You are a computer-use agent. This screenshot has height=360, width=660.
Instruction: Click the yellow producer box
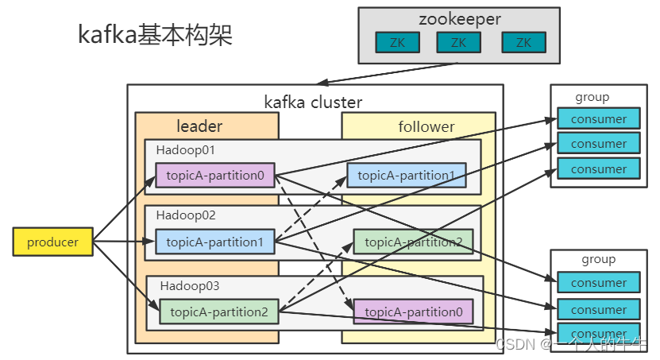(x=52, y=242)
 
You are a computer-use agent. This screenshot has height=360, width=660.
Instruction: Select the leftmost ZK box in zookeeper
(x=398, y=43)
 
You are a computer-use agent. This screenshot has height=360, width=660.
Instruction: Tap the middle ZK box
(x=458, y=43)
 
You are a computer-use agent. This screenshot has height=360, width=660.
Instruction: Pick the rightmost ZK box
(x=523, y=43)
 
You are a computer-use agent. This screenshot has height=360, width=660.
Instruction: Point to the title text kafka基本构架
(x=155, y=35)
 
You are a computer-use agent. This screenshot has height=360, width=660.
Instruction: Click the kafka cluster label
(x=313, y=102)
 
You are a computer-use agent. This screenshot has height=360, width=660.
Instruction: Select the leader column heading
(x=199, y=126)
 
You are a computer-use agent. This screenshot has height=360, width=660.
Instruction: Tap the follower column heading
(x=426, y=126)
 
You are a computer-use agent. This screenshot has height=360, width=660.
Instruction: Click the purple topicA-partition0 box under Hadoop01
(x=215, y=176)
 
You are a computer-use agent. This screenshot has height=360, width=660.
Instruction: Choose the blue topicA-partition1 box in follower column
(x=406, y=175)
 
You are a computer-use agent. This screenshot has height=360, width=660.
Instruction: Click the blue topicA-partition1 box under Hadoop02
(x=215, y=242)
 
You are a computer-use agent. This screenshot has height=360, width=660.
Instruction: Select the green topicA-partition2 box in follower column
(x=413, y=242)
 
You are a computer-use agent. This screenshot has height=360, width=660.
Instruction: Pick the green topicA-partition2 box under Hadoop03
(x=219, y=311)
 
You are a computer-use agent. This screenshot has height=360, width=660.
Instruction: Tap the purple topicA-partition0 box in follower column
(x=413, y=312)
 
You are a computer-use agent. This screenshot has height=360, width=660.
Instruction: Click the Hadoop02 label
(x=185, y=215)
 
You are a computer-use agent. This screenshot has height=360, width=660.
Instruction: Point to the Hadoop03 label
(x=189, y=285)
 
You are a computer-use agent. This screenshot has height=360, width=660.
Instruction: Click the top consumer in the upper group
(x=598, y=119)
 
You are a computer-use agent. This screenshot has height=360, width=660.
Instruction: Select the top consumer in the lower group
(x=598, y=282)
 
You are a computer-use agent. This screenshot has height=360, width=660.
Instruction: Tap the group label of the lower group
(x=598, y=259)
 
